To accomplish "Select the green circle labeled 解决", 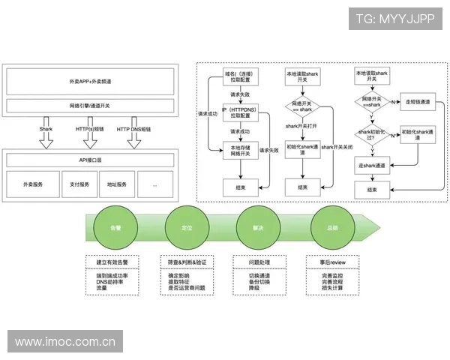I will pos(258,226).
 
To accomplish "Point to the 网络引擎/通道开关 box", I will pos(91,105).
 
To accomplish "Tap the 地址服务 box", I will pos(116,183).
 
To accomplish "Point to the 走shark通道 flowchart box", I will pos(372,166).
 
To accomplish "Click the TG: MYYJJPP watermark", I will pos(395,18).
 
